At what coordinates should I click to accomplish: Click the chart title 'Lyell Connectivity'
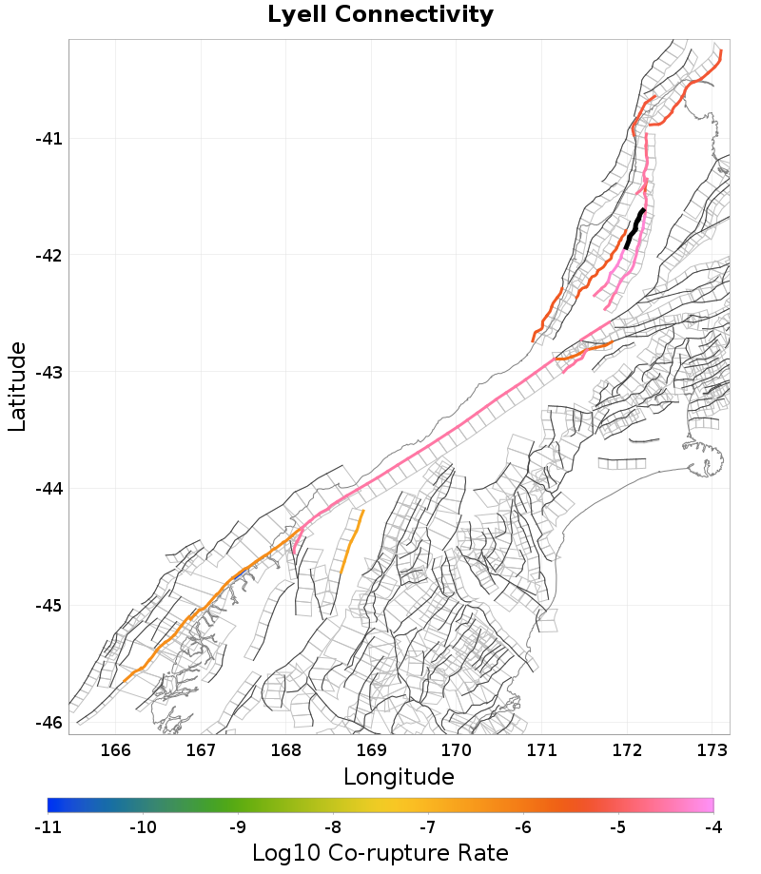[380, 15]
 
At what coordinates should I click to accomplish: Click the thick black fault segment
[634, 229]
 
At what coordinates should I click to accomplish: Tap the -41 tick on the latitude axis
[49, 139]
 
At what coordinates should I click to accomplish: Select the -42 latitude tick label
[49, 256]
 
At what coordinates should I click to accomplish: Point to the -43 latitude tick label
[49, 372]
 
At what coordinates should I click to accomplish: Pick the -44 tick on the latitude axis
[49, 489]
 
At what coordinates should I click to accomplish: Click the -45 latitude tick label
[49, 606]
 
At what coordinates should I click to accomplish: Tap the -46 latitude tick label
[49, 723]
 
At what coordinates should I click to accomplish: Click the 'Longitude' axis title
[399, 777]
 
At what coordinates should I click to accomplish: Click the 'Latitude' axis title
[17, 387]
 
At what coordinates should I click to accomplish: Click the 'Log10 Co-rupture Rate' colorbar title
[380, 852]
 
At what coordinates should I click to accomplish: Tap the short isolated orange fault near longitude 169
[352, 542]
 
